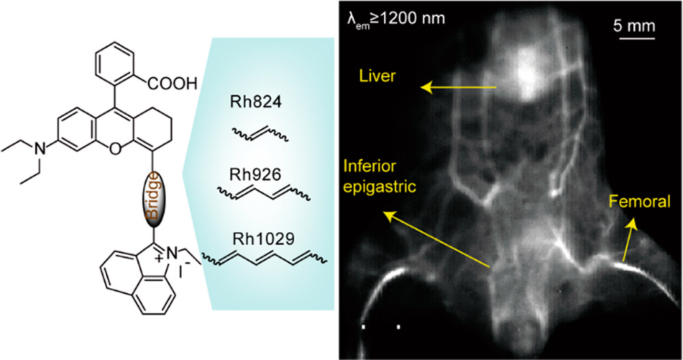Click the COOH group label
(173, 83)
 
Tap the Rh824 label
(257, 102)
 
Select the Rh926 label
(255, 174)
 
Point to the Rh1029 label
(263, 239)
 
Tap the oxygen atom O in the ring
(115, 150)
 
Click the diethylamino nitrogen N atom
(40, 150)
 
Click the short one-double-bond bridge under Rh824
(259, 133)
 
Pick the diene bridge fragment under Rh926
(264, 192)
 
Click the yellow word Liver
(377, 77)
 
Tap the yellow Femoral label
(639, 202)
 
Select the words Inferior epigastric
(379, 176)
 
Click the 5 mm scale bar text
(635, 26)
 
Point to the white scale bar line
(637, 38)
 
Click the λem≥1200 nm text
(396, 18)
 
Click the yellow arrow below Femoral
(630, 240)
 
